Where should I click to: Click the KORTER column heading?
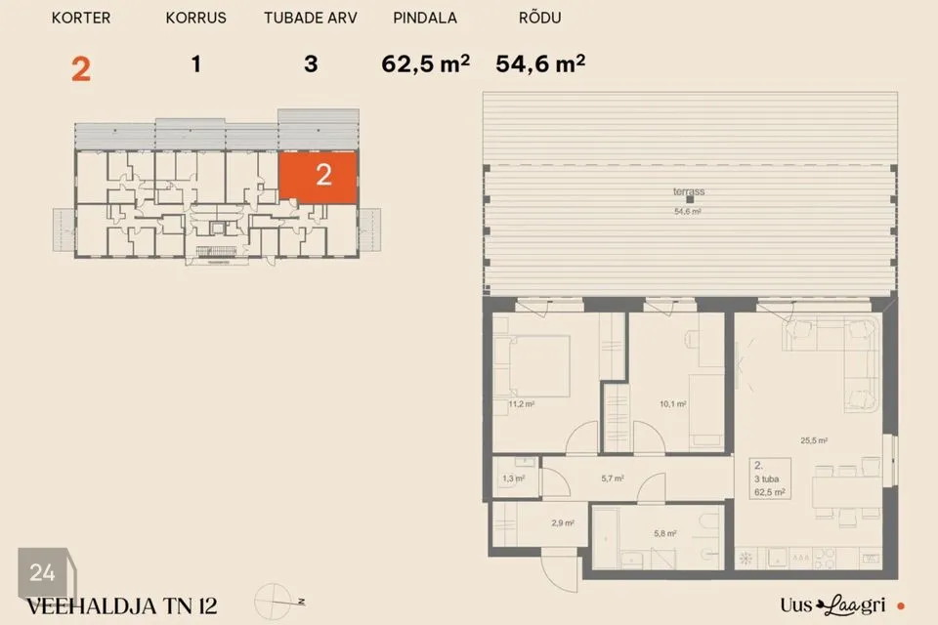point(81,18)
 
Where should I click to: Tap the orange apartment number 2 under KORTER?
point(81,68)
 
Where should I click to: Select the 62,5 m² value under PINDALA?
point(425,63)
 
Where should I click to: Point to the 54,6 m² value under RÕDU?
point(540,63)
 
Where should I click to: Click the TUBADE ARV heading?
point(311,18)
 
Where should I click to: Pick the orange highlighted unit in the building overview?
point(319,177)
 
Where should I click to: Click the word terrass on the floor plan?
point(689,191)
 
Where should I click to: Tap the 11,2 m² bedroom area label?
point(521,404)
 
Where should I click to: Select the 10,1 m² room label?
point(672,404)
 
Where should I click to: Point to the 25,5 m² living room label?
point(814,440)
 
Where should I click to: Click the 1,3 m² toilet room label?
point(513,479)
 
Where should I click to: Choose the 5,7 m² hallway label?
point(612,479)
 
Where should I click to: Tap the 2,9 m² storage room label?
point(563,522)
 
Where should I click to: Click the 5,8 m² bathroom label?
point(664,533)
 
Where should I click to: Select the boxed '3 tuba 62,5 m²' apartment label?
point(770,479)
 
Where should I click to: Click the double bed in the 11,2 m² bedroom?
point(539,366)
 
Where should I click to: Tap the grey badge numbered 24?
point(43,572)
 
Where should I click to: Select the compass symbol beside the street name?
point(274,602)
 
